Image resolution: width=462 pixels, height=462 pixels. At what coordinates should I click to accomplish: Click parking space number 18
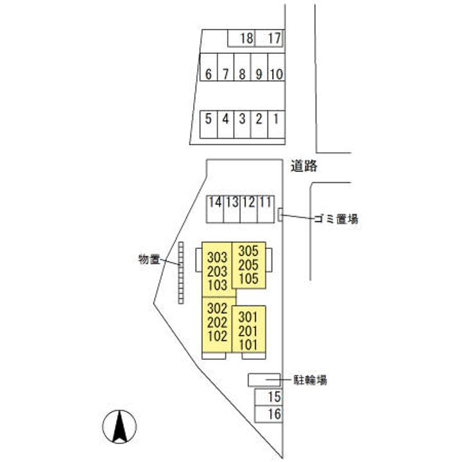[x=246, y=38]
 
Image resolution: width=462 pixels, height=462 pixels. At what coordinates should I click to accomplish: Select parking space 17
[x=274, y=38]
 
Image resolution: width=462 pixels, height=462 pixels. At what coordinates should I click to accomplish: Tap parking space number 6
[x=208, y=74]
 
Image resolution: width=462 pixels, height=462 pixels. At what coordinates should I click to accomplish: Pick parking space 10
[x=276, y=74]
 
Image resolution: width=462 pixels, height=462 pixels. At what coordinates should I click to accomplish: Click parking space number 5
[x=208, y=119]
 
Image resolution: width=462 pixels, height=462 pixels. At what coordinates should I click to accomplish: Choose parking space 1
[x=276, y=119]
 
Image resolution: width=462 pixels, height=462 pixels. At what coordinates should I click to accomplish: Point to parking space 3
[x=242, y=119]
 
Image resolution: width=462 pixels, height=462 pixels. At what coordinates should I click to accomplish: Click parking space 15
[x=274, y=397]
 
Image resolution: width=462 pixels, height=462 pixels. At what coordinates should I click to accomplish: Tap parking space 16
[x=274, y=414]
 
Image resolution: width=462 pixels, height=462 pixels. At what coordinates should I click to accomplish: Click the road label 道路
[x=304, y=166]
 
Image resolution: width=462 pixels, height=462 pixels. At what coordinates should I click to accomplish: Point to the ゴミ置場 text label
[x=336, y=219]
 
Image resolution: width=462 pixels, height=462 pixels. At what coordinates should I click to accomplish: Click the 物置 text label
[x=150, y=259]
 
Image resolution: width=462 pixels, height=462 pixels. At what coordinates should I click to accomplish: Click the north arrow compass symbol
[x=119, y=425]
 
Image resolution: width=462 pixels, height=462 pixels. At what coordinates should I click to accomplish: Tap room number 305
[x=248, y=251]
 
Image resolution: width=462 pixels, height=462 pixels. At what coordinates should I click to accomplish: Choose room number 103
[x=218, y=284]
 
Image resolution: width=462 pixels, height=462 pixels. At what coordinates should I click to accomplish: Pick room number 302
[x=218, y=307]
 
